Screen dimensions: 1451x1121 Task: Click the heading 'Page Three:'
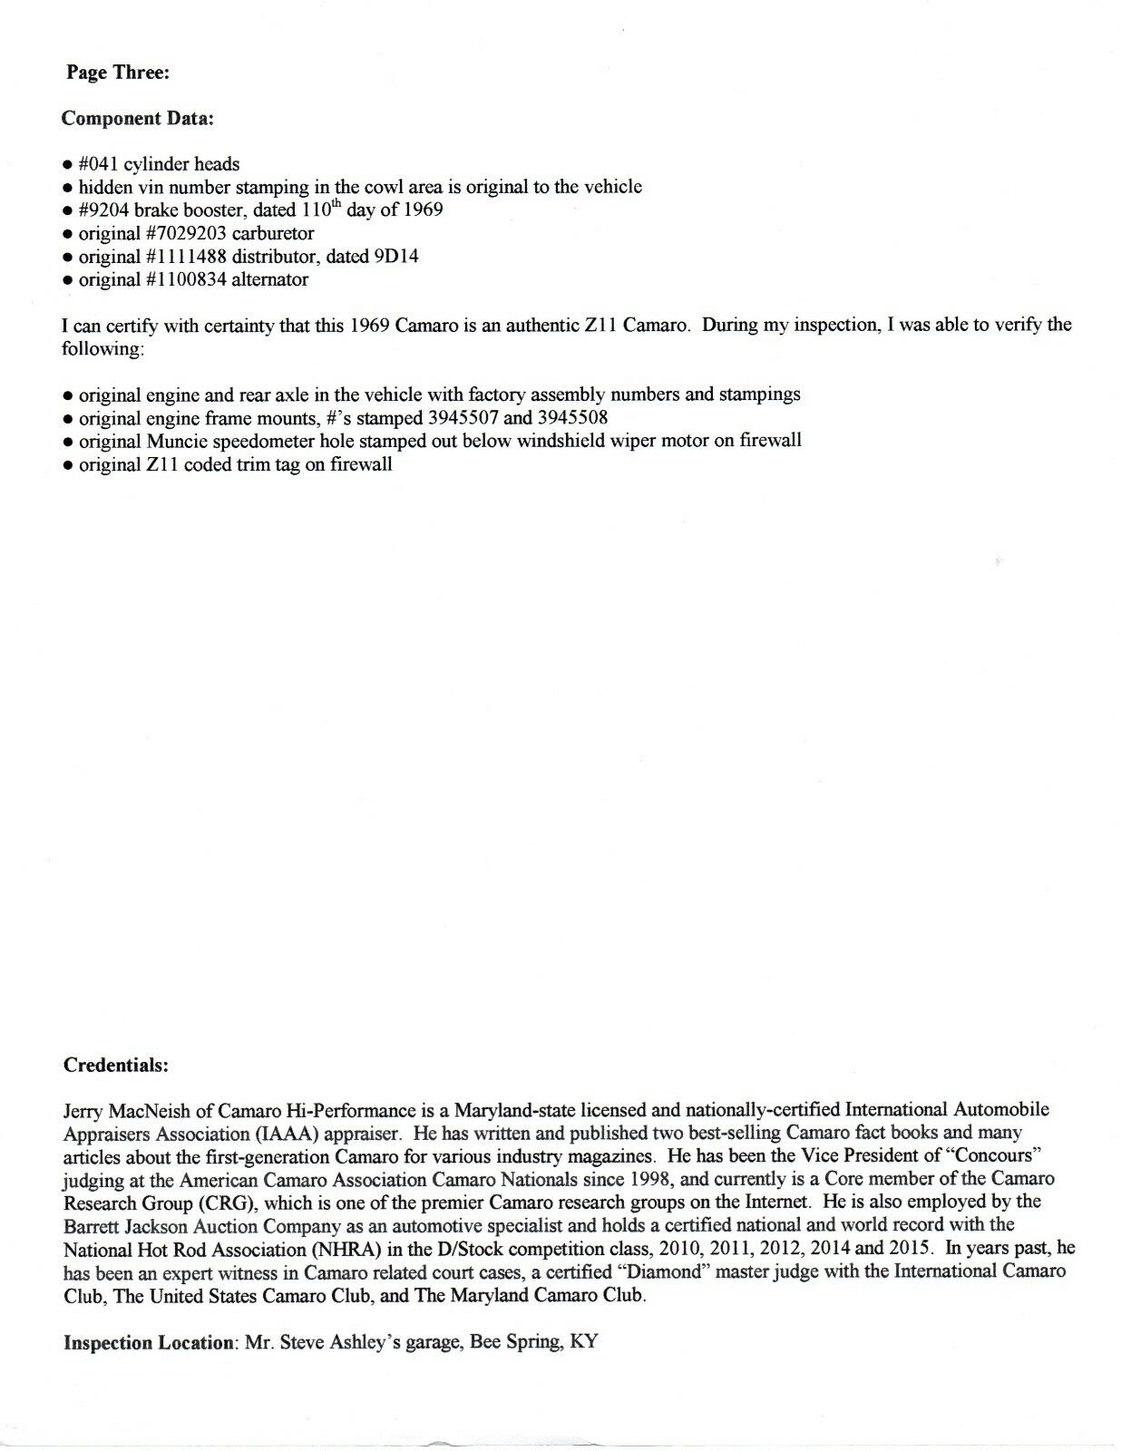[118, 73]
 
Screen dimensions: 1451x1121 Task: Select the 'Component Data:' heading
[138, 119]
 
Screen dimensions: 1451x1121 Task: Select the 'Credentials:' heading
[116, 1066]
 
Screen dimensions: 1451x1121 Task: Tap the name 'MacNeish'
[149, 1110]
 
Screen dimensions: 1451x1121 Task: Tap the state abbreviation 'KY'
[584, 1342]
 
